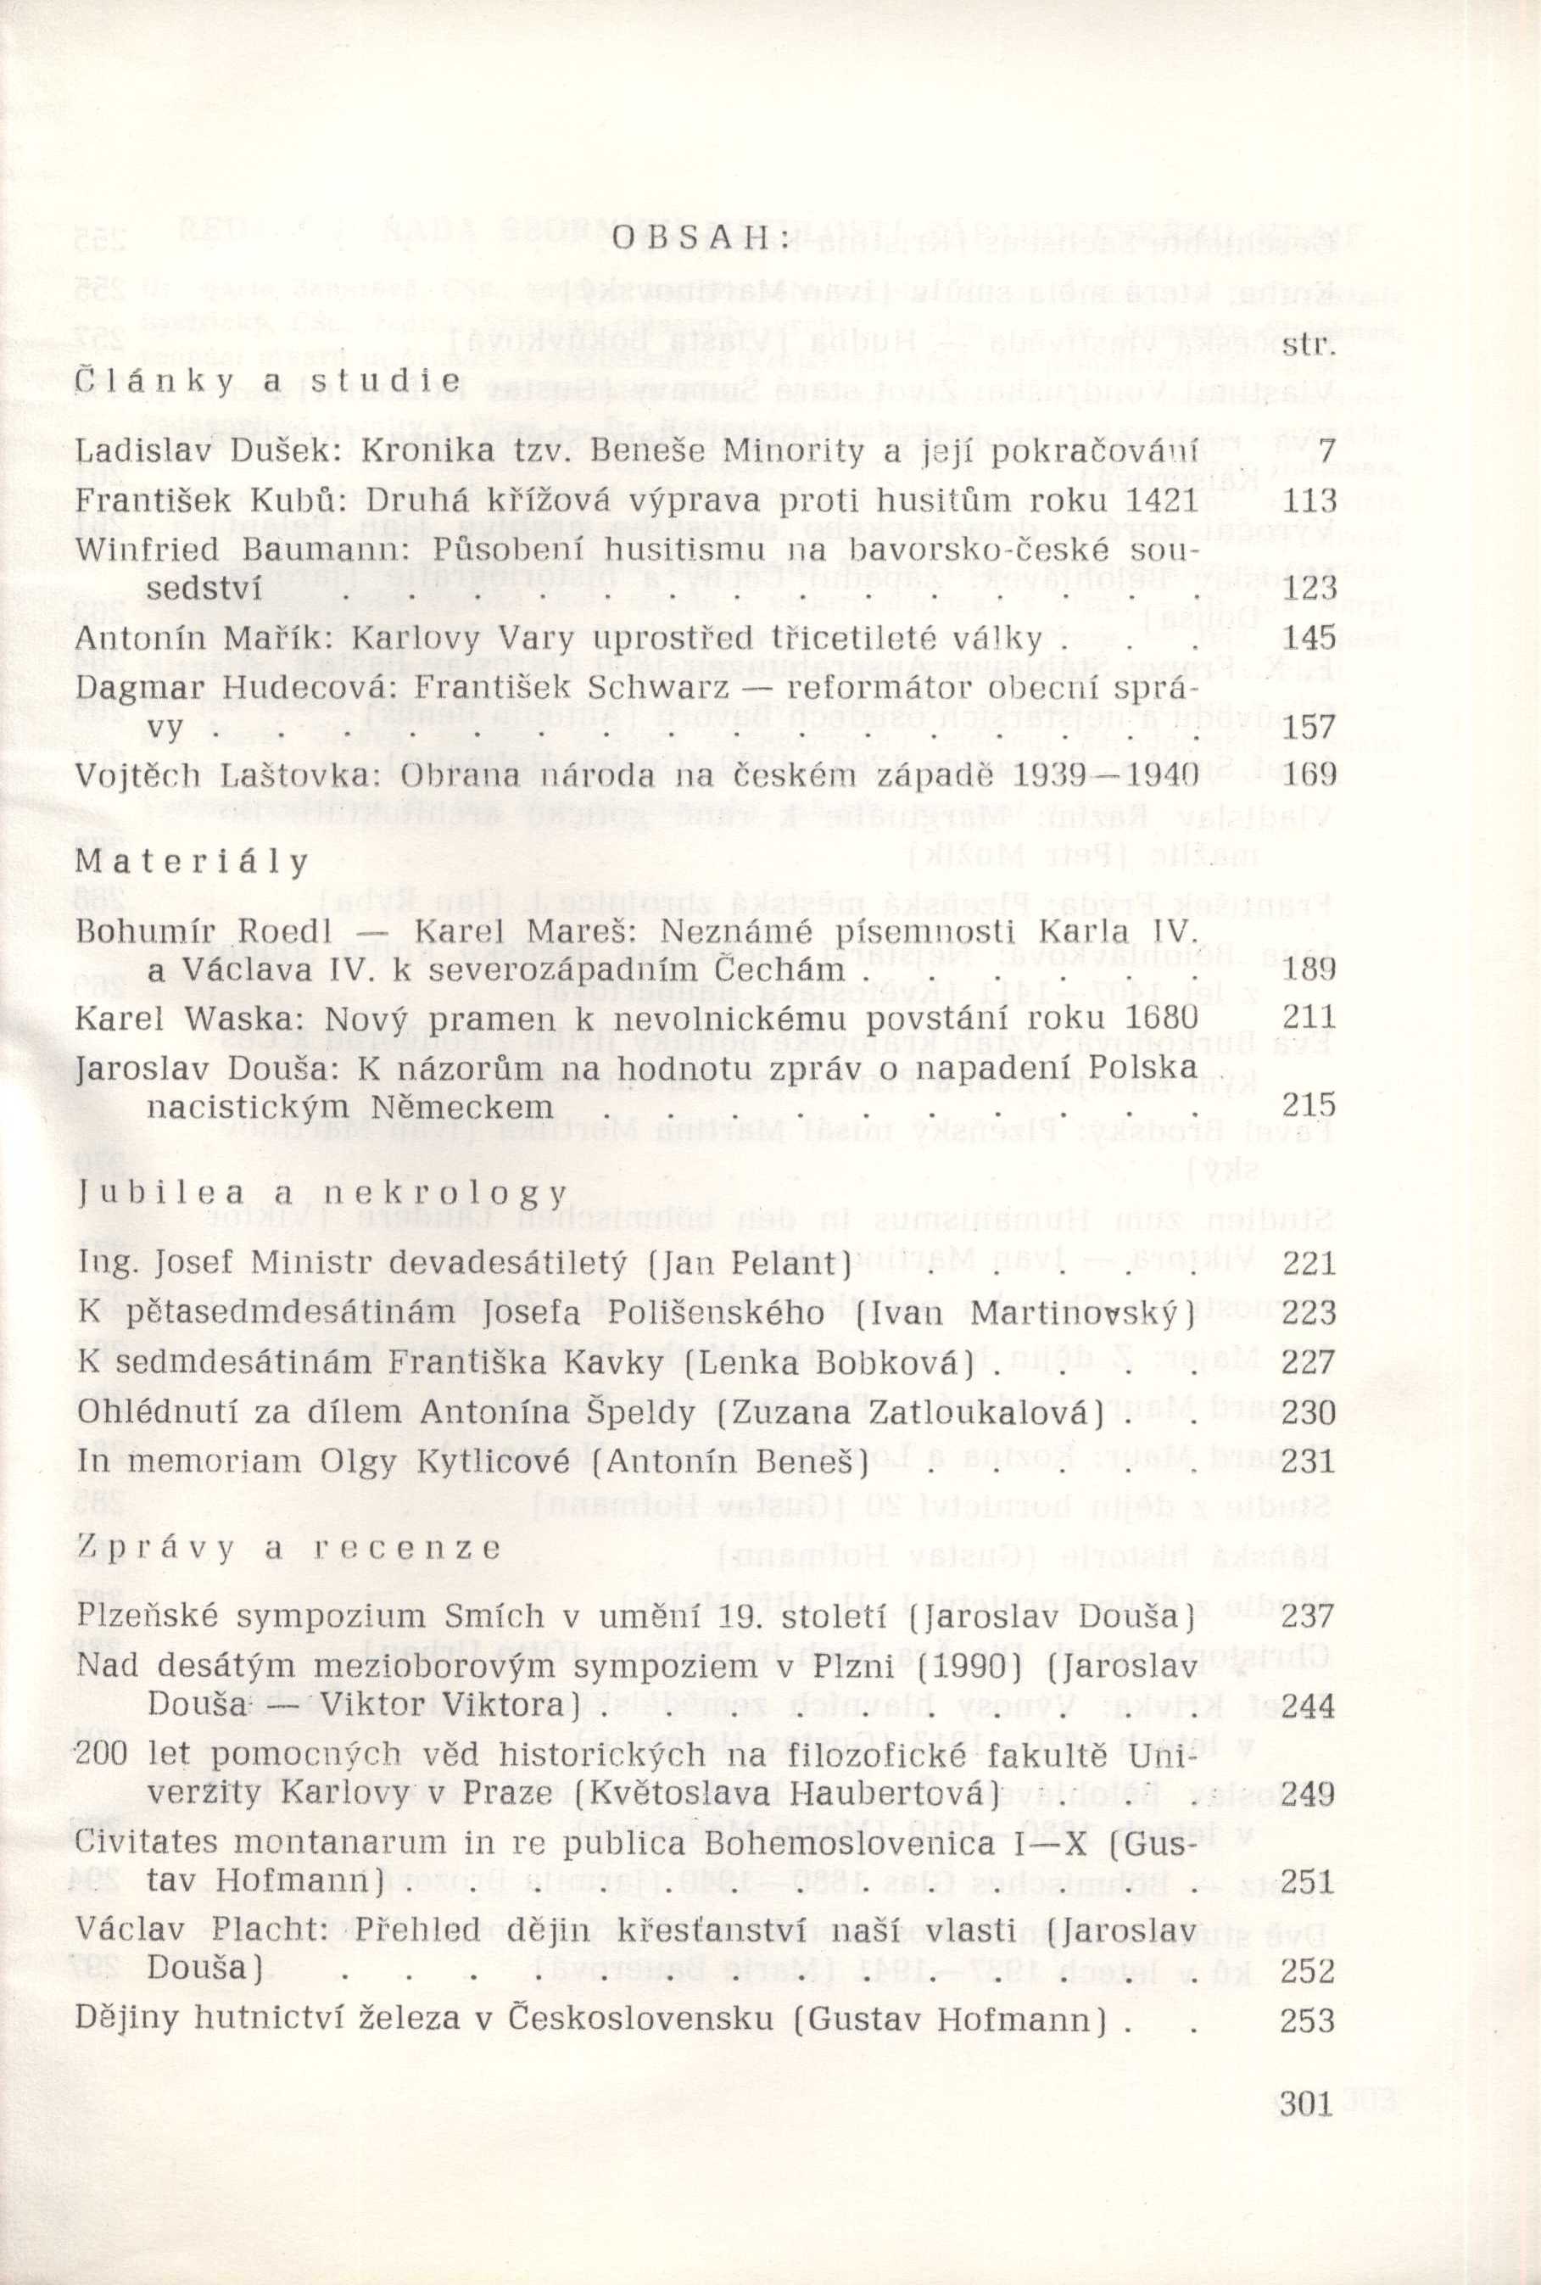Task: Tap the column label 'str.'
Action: (x=1310, y=348)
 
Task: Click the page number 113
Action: (x=1310, y=501)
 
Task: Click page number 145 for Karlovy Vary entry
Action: (x=1310, y=640)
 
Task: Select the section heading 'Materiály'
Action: (x=192, y=862)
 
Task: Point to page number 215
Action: (x=1310, y=1106)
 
